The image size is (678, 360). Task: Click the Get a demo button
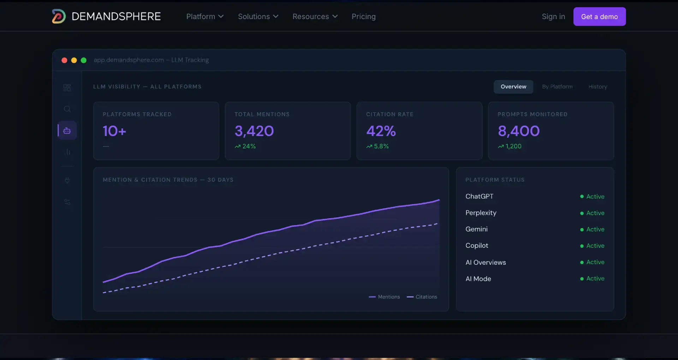pyautogui.click(x=599, y=17)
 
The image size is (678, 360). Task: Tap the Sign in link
pyautogui.click(x=553, y=17)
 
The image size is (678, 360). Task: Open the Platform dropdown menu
pyautogui.click(x=205, y=17)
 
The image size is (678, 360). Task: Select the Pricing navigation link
pyautogui.click(x=363, y=17)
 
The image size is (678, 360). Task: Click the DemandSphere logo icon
pyautogui.click(x=59, y=16)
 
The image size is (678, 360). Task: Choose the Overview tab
pyautogui.click(x=513, y=86)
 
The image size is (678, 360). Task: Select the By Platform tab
pyautogui.click(x=557, y=86)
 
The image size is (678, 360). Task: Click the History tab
pyautogui.click(x=597, y=86)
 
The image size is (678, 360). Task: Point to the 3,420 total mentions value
pyautogui.click(x=254, y=131)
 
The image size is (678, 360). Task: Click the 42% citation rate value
pyautogui.click(x=381, y=131)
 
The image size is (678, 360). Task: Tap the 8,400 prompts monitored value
pyautogui.click(x=519, y=131)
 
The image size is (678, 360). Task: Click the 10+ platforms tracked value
pyautogui.click(x=114, y=131)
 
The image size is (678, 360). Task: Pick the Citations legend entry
pyautogui.click(x=422, y=297)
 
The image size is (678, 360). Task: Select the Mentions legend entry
pyautogui.click(x=384, y=297)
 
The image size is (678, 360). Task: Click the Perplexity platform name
pyautogui.click(x=481, y=213)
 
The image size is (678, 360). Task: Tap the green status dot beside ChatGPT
pyautogui.click(x=582, y=197)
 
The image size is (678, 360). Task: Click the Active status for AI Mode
pyautogui.click(x=595, y=278)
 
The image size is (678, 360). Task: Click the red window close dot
pyautogui.click(x=64, y=60)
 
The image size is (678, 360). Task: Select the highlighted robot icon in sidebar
pyautogui.click(x=67, y=131)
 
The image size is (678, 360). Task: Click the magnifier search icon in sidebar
pyautogui.click(x=67, y=109)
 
